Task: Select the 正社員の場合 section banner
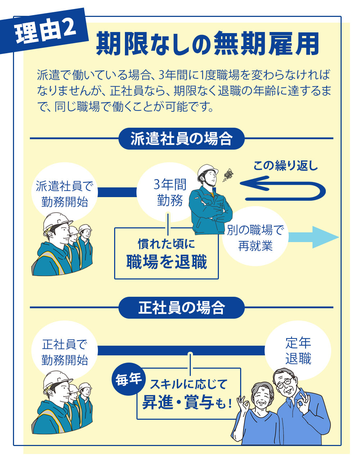tap(181, 308)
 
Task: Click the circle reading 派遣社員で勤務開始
tap(64, 194)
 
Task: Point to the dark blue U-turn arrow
tap(284, 188)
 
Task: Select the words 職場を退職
tap(167, 261)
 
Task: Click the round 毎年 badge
tap(129, 379)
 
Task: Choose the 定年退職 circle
tap(298, 351)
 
